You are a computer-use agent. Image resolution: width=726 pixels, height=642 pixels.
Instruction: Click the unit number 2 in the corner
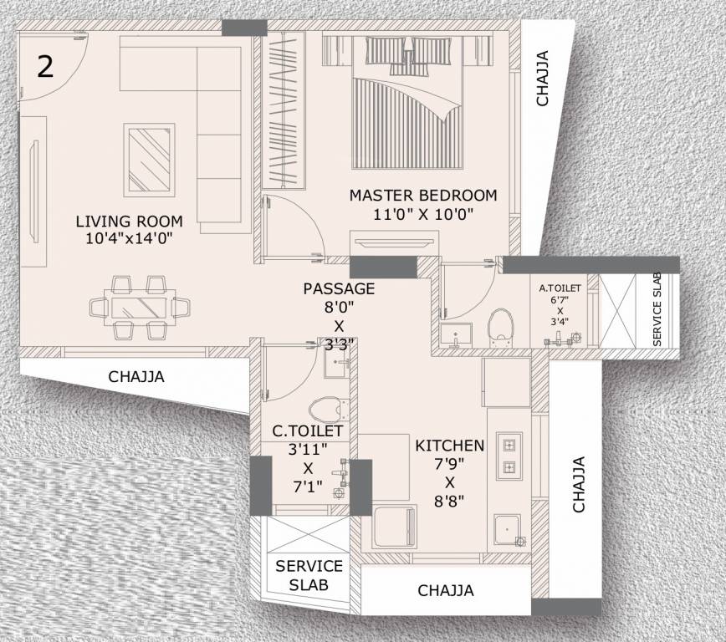(x=44, y=66)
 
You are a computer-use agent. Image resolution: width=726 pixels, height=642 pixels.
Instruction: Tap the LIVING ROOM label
(x=129, y=222)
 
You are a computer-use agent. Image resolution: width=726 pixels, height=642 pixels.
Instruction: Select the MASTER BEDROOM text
(x=422, y=196)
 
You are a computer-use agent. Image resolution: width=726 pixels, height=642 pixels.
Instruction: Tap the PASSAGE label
(x=339, y=288)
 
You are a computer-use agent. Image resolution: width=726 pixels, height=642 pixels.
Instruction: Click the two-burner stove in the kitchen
(x=509, y=456)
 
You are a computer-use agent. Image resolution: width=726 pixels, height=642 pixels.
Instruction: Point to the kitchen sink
(x=507, y=528)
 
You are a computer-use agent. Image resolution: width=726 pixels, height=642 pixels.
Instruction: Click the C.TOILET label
(x=308, y=431)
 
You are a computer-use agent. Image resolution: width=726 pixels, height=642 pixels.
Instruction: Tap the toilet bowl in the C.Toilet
(x=325, y=409)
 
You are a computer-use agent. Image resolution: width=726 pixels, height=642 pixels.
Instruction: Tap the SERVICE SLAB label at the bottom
(x=309, y=574)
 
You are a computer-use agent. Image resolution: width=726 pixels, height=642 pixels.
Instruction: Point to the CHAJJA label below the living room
(x=136, y=377)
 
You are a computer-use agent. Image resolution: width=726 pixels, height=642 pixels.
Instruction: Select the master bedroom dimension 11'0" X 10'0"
(x=424, y=214)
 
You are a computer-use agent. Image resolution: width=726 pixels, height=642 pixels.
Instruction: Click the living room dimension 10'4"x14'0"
(x=129, y=239)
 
